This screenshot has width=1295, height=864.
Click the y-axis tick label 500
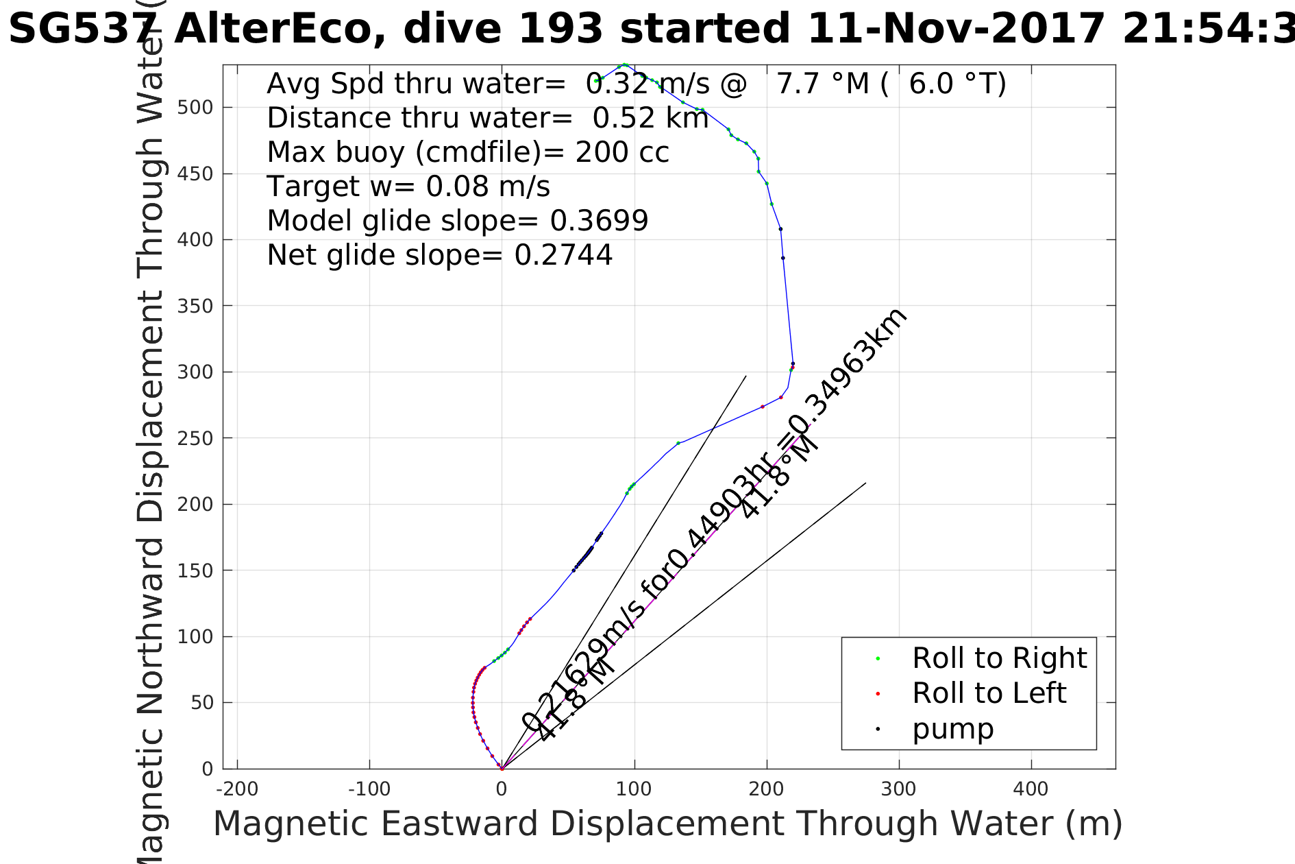point(195,108)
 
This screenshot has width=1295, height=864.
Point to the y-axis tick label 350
point(195,306)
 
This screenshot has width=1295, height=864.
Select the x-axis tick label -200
point(237,789)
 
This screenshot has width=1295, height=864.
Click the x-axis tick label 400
point(1031,789)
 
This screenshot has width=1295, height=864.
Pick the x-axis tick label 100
point(634,789)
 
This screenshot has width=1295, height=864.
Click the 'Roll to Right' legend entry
point(999,658)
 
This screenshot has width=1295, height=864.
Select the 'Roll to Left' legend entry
point(989,693)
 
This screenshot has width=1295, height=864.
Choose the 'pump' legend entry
point(952,729)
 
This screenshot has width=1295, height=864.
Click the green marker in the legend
point(878,659)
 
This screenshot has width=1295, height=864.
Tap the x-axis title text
point(667,824)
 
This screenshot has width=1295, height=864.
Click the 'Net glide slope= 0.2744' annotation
point(439,255)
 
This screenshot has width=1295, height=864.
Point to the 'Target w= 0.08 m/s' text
point(408,187)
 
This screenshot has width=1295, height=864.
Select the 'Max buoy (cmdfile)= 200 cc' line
point(468,152)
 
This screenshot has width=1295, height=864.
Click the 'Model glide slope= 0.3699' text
point(457,221)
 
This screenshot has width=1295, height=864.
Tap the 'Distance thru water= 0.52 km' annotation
point(487,118)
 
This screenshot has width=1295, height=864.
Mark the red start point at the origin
point(502,769)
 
